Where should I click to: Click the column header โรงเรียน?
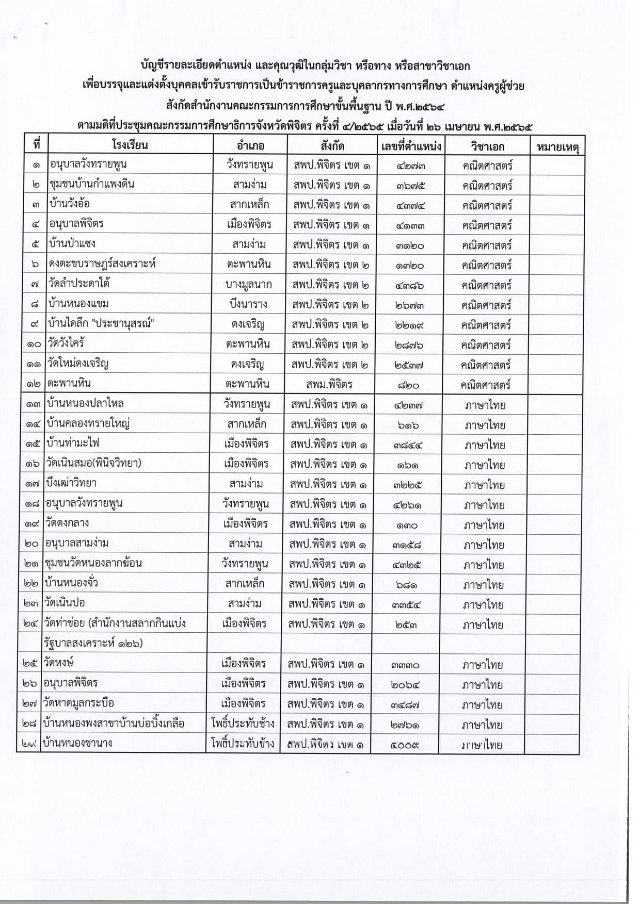coord(130,144)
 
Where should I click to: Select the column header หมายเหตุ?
coord(557,146)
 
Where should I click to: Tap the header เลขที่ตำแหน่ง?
coord(411,145)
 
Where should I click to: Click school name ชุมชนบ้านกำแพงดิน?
coord(93,184)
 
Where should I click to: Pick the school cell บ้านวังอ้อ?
coord(70,204)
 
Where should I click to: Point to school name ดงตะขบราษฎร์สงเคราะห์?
coord(102,264)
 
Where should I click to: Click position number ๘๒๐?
coord(408,385)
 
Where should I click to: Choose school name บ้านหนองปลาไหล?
coord(85,403)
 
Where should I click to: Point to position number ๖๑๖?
coord(408,425)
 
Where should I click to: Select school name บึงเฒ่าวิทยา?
coord(71,483)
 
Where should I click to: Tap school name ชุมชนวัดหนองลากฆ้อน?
coord(93,563)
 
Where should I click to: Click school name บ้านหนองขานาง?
coord(78,743)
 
